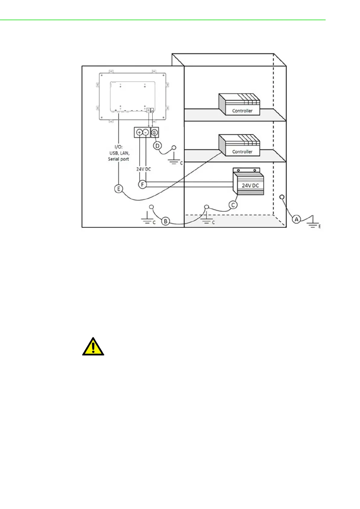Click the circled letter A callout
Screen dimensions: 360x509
[x=297, y=219]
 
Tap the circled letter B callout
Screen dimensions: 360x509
[x=165, y=221]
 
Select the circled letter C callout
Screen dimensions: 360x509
[x=233, y=205]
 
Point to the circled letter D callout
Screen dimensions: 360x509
[x=157, y=146]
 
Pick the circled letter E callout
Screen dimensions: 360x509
[x=119, y=189]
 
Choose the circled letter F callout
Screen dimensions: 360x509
[x=142, y=184]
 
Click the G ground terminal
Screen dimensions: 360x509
[x=154, y=132]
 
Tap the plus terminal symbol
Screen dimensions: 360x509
[x=139, y=132]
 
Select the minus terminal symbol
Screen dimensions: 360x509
[x=146, y=132]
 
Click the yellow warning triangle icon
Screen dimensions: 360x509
[x=93, y=347]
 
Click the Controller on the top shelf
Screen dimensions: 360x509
[x=239, y=104]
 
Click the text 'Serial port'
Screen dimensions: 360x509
[x=118, y=159]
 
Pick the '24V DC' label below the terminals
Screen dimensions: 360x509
[x=143, y=169]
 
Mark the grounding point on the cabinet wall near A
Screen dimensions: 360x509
[x=282, y=197]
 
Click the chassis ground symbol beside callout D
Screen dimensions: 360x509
[x=174, y=160]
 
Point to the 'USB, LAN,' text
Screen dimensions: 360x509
[x=119, y=153]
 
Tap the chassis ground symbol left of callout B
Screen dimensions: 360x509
[x=147, y=219]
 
